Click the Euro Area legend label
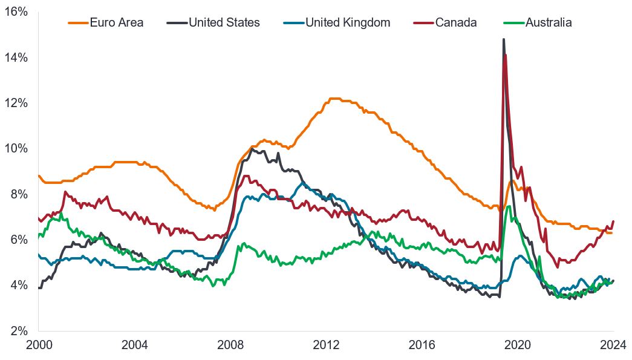click(116, 23)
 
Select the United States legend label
click(224, 23)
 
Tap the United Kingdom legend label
click(348, 23)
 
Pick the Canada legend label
click(455, 23)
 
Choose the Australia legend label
click(549, 23)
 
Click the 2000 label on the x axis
click(38, 345)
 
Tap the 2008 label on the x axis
click(230, 345)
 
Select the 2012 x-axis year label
click(327, 345)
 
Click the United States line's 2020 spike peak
click(503, 39)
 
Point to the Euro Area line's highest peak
click(333, 99)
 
